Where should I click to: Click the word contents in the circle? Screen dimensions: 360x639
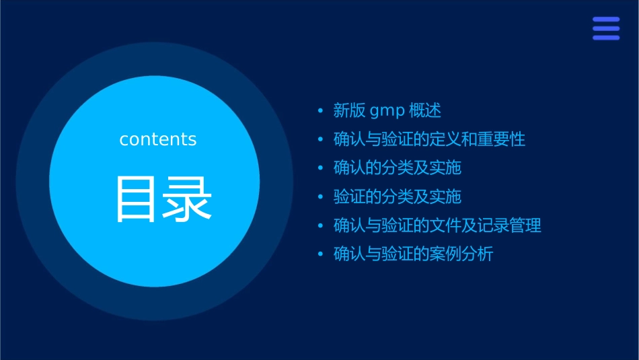158,139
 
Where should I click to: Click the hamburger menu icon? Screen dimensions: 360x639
606,28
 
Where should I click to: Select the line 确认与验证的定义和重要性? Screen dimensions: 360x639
429,139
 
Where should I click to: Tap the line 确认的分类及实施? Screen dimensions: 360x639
398,168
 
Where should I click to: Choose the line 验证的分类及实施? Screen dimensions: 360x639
398,196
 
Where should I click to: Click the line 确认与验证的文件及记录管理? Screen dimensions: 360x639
437,225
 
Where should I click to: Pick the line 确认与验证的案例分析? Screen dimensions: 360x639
413,254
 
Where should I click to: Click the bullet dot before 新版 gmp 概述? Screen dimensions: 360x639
321,110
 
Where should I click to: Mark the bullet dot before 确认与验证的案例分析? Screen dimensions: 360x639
321,254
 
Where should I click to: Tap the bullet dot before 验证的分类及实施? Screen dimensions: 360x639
321,196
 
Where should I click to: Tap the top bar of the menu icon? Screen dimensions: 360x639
606,20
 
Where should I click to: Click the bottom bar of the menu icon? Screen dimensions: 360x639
606,38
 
